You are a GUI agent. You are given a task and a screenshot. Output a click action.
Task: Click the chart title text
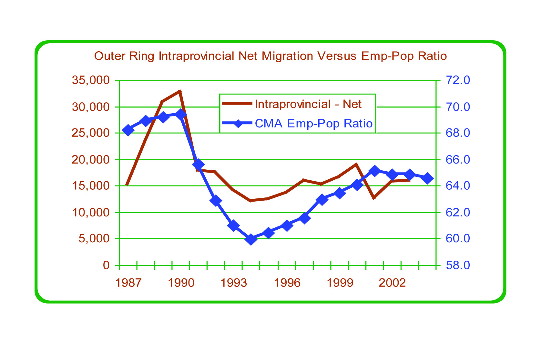tap(270, 56)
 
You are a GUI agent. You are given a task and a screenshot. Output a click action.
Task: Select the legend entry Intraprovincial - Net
tap(308, 104)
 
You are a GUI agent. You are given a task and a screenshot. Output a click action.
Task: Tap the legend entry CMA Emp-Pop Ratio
tap(313, 124)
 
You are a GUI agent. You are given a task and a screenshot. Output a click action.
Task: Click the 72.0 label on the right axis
tap(458, 80)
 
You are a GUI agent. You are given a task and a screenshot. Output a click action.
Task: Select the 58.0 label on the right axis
tap(458, 265)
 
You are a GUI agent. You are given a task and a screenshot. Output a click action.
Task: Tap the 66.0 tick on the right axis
tap(458, 160)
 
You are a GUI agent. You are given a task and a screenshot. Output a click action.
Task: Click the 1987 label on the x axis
tap(128, 283)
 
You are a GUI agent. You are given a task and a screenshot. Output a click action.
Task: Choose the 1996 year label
tap(287, 283)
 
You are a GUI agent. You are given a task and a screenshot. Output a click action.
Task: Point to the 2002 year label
tap(392, 283)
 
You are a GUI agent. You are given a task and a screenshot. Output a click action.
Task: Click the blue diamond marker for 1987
tap(128, 130)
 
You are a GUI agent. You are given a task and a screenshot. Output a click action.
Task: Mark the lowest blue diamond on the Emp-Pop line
tap(251, 239)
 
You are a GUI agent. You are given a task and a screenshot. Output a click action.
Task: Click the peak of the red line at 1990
tap(180, 91)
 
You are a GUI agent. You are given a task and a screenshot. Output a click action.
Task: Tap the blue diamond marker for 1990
tap(181, 114)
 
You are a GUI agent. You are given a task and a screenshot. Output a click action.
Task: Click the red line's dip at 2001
tap(374, 198)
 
